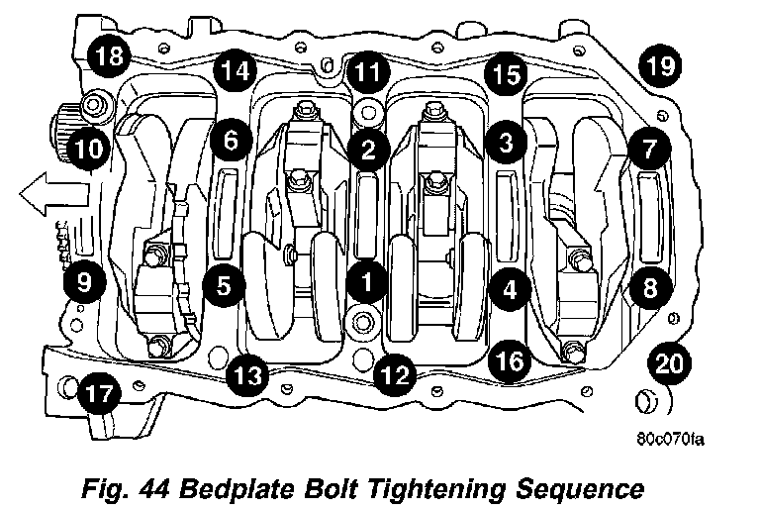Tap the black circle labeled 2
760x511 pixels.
(x=367, y=150)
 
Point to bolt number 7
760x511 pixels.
(x=649, y=150)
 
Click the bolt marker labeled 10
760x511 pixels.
(x=86, y=150)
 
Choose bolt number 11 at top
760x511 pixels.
(x=367, y=71)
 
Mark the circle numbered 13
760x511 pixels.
(x=246, y=374)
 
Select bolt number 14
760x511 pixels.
(x=236, y=71)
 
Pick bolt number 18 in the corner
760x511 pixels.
(x=108, y=55)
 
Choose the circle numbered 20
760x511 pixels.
(x=670, y=363)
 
